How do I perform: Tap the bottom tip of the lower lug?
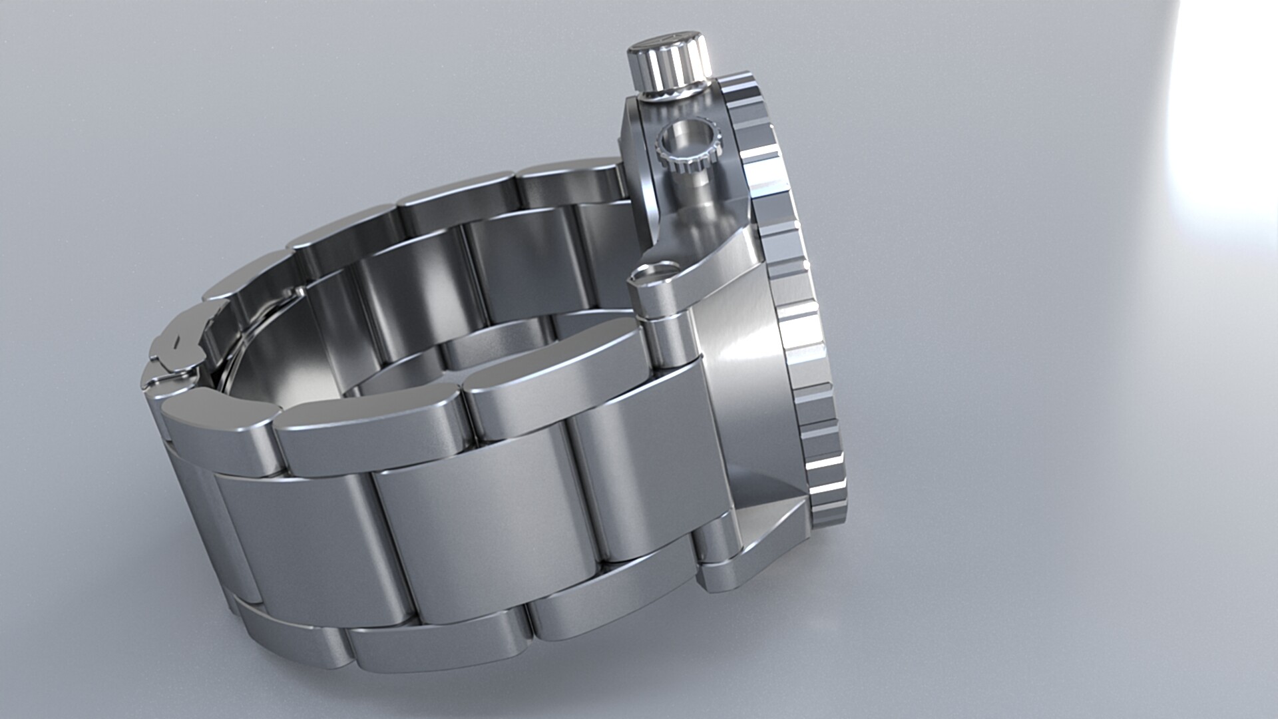point(719,586)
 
